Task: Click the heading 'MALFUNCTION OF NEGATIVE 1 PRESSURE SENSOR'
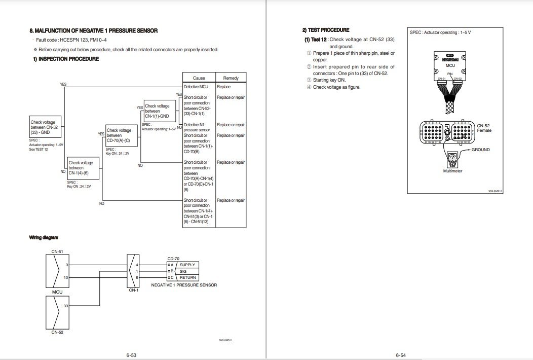94,31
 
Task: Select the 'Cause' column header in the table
199,78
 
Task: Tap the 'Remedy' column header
231,78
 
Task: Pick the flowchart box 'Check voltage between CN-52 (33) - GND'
45,127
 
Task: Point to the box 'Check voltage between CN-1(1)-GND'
160,111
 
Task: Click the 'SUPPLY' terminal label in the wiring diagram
187,265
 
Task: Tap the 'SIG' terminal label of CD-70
183,271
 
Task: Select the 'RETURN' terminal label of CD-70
187,278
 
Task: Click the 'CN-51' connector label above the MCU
57,251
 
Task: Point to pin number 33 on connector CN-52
66,306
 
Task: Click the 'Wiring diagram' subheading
44,237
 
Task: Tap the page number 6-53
131,355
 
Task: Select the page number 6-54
401,355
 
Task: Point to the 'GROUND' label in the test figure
481,150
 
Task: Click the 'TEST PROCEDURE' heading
326,30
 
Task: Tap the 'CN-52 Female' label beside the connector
484,128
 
